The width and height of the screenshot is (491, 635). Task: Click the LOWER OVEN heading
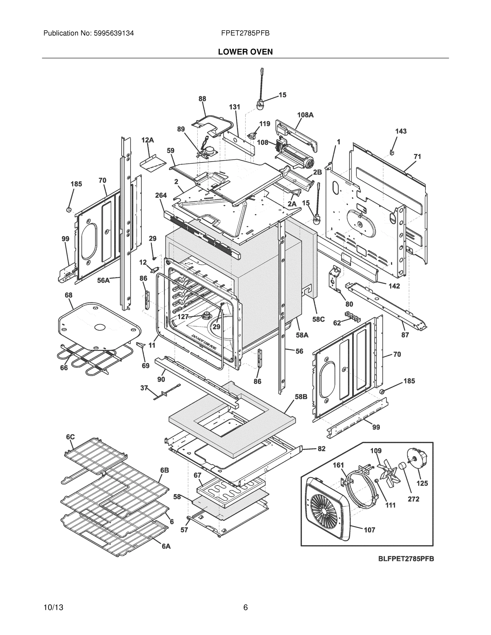coord(245,52)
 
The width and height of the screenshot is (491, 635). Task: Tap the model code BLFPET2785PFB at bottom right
coord(406,559)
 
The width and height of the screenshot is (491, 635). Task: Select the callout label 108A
coord(305,115)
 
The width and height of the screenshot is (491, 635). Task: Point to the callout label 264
coord(161,195)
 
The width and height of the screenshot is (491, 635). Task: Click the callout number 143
coord(400,131)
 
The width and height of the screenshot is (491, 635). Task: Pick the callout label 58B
coord(301,397)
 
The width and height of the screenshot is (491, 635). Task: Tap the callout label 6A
coord(166,546)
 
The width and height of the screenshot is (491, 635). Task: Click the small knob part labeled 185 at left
coord(69,210)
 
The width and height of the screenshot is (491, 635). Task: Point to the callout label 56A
coord(103,280)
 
